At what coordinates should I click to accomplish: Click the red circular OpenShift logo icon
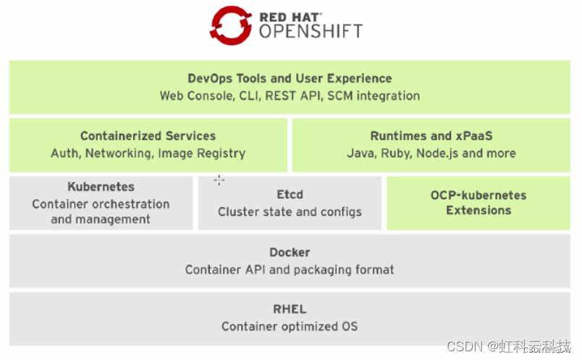229,25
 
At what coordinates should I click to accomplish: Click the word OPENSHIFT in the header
311,31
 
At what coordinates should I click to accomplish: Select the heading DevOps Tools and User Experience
290,78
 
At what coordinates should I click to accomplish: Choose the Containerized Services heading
148,135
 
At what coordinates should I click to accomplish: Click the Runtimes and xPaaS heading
431,135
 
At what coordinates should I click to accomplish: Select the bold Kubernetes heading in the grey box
101,187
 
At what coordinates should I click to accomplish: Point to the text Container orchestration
101,204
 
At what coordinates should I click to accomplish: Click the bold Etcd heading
290,194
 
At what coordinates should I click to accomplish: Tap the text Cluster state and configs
290,212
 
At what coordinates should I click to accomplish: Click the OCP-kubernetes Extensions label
478,203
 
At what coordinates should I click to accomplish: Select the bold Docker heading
290,253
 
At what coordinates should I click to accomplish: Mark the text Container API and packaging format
290,270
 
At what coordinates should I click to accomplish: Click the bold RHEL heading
290,309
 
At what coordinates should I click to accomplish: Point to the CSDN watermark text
464,346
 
